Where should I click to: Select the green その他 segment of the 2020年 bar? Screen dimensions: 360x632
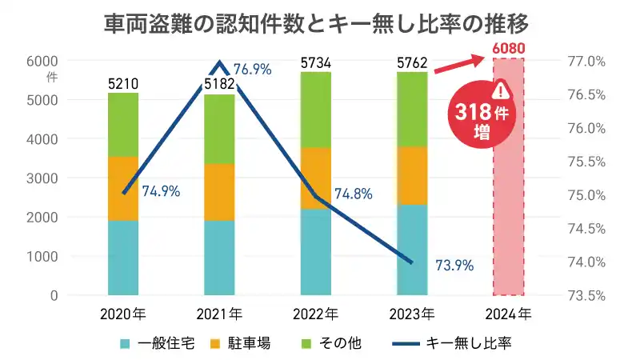tap(123, 124)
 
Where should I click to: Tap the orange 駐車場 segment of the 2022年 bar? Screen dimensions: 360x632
tap(315, 178)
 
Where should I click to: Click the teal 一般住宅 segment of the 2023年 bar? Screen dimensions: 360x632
tap(412, 250)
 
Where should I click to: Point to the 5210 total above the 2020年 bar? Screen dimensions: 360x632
tap(123, 83)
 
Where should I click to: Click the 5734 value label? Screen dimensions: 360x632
tap(315, 62)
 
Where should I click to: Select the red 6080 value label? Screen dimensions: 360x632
tap(509, 48)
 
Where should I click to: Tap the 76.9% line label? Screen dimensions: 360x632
tap(251, 70)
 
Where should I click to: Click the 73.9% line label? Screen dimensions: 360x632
tap(454, 265)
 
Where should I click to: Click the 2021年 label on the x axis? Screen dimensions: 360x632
tap(219, 313)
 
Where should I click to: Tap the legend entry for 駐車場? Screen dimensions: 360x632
tap(240, 343)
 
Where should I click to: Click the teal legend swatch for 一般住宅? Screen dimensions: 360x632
tap(126, 343)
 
